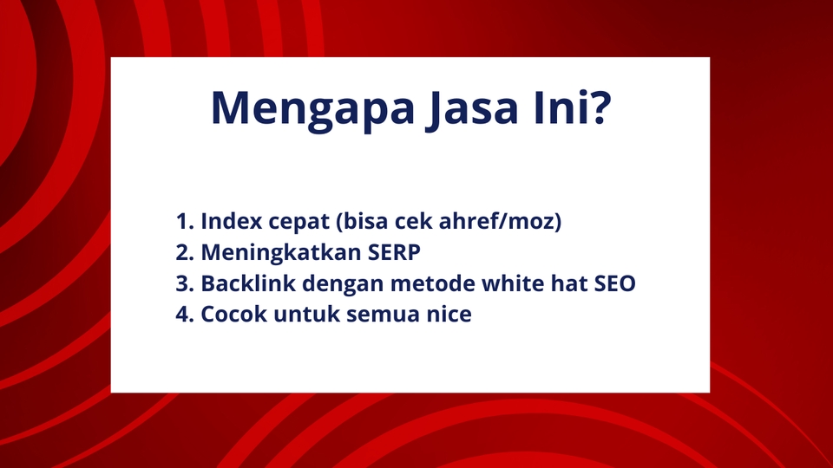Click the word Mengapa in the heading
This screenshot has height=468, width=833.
312,110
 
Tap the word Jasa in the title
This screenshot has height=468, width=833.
472,110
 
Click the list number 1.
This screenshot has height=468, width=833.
185,222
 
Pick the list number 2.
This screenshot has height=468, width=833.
185,252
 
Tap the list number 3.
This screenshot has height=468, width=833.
185,283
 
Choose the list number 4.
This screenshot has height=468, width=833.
185,314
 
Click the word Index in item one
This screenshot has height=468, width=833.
232,221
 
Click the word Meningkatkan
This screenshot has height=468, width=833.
281,253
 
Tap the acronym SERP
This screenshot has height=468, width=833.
394,252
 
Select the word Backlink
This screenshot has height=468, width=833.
248,283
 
